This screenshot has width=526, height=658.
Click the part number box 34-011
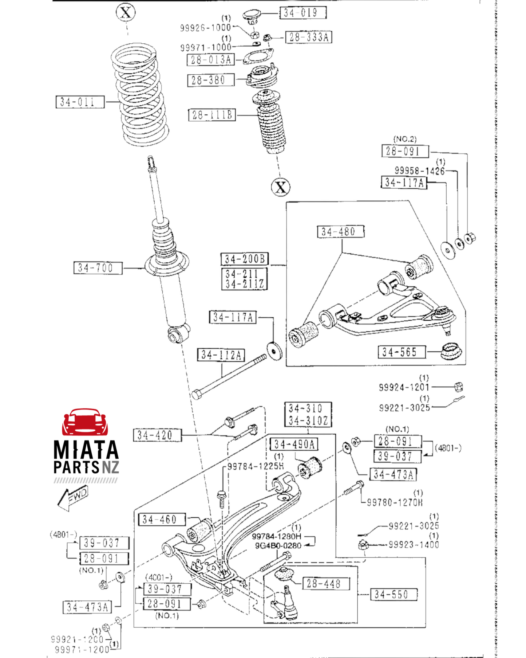click(80, 102)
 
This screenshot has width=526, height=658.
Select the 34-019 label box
click(302, 13)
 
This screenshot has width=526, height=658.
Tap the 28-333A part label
click(308, 37)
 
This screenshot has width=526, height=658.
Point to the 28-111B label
click(212, 115)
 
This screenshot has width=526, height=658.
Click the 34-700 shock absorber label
click(98, 268)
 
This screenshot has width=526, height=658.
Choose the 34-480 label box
click(340, 232)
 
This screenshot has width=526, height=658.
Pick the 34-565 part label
click(402, 352)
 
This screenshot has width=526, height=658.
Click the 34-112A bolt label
click(221, 355)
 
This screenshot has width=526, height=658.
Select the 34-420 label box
click(157, 435)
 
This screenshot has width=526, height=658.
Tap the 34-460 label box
click(162, 520)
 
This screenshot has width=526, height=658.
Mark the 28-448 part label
click(326, 584)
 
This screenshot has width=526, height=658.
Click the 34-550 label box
click(393, 595)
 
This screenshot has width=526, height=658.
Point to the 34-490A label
click(294, 444)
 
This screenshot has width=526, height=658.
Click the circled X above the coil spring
click(126, 13)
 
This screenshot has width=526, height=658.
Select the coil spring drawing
click(140, 95)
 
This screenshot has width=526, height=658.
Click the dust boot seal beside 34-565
click(451, 350)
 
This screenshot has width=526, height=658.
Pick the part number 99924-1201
click(404, 387)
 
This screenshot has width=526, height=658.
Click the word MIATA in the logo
click(86, 450)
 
